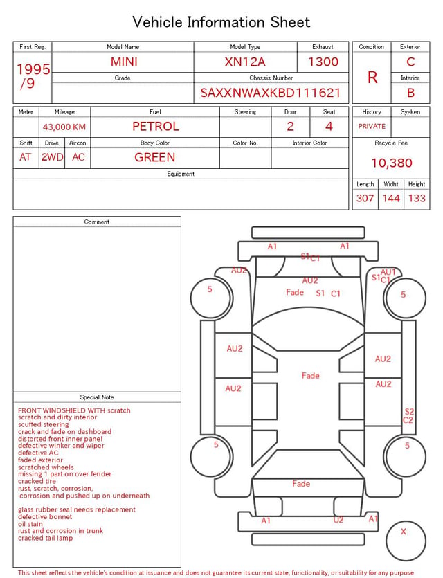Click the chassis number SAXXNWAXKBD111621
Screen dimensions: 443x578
(x=270, y=93)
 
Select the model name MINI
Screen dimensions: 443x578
(x=124, y=62)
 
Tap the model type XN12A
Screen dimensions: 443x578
(x=245, y=62)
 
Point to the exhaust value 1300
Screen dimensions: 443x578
(x=323, y=62)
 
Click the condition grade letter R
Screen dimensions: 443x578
(x=372, y=78)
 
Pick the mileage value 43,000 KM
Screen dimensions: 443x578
(x=64, y=127)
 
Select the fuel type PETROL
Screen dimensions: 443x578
(x=156, y=127)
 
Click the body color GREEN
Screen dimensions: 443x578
(x=155, y=157)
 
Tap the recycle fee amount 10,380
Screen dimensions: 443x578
(x=391, y=163)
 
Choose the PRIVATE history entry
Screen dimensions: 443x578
(x=372, y=126)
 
